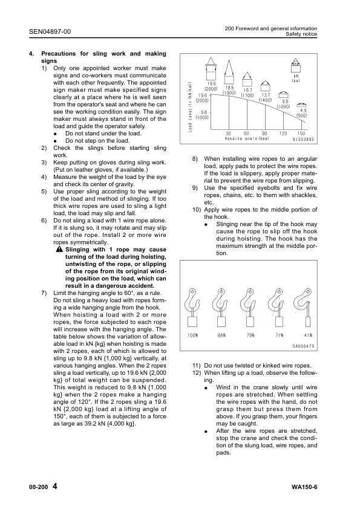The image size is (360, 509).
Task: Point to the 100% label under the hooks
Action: tap(193, 335)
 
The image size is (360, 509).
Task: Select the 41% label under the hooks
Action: tap(309, 335)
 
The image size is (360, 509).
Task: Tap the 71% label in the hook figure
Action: tap(280, 335)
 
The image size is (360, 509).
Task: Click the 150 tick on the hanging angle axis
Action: tap(301, 133)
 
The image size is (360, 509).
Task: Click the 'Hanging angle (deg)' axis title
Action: tap(246, 138)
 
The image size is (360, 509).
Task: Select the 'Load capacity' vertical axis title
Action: tap(190, 108)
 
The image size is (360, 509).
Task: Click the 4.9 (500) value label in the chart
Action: tap(302, 112)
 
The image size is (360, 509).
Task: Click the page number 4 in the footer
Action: tap(55, 487)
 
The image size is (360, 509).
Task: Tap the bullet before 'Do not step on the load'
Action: tap(55, 140)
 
